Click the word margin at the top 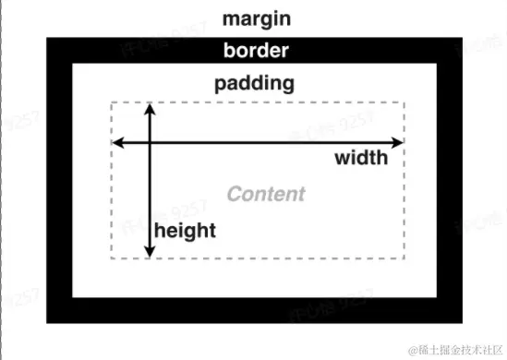(255, 18)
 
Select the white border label (255, 50)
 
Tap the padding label (255, 83)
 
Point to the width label (361, 158)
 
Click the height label (185, 230)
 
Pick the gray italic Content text (266, 194)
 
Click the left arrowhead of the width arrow (117, 142)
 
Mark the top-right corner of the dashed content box (404, 102)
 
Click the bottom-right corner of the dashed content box (404, 259)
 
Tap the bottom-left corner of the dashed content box (112, 259)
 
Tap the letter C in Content (235, 194)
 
